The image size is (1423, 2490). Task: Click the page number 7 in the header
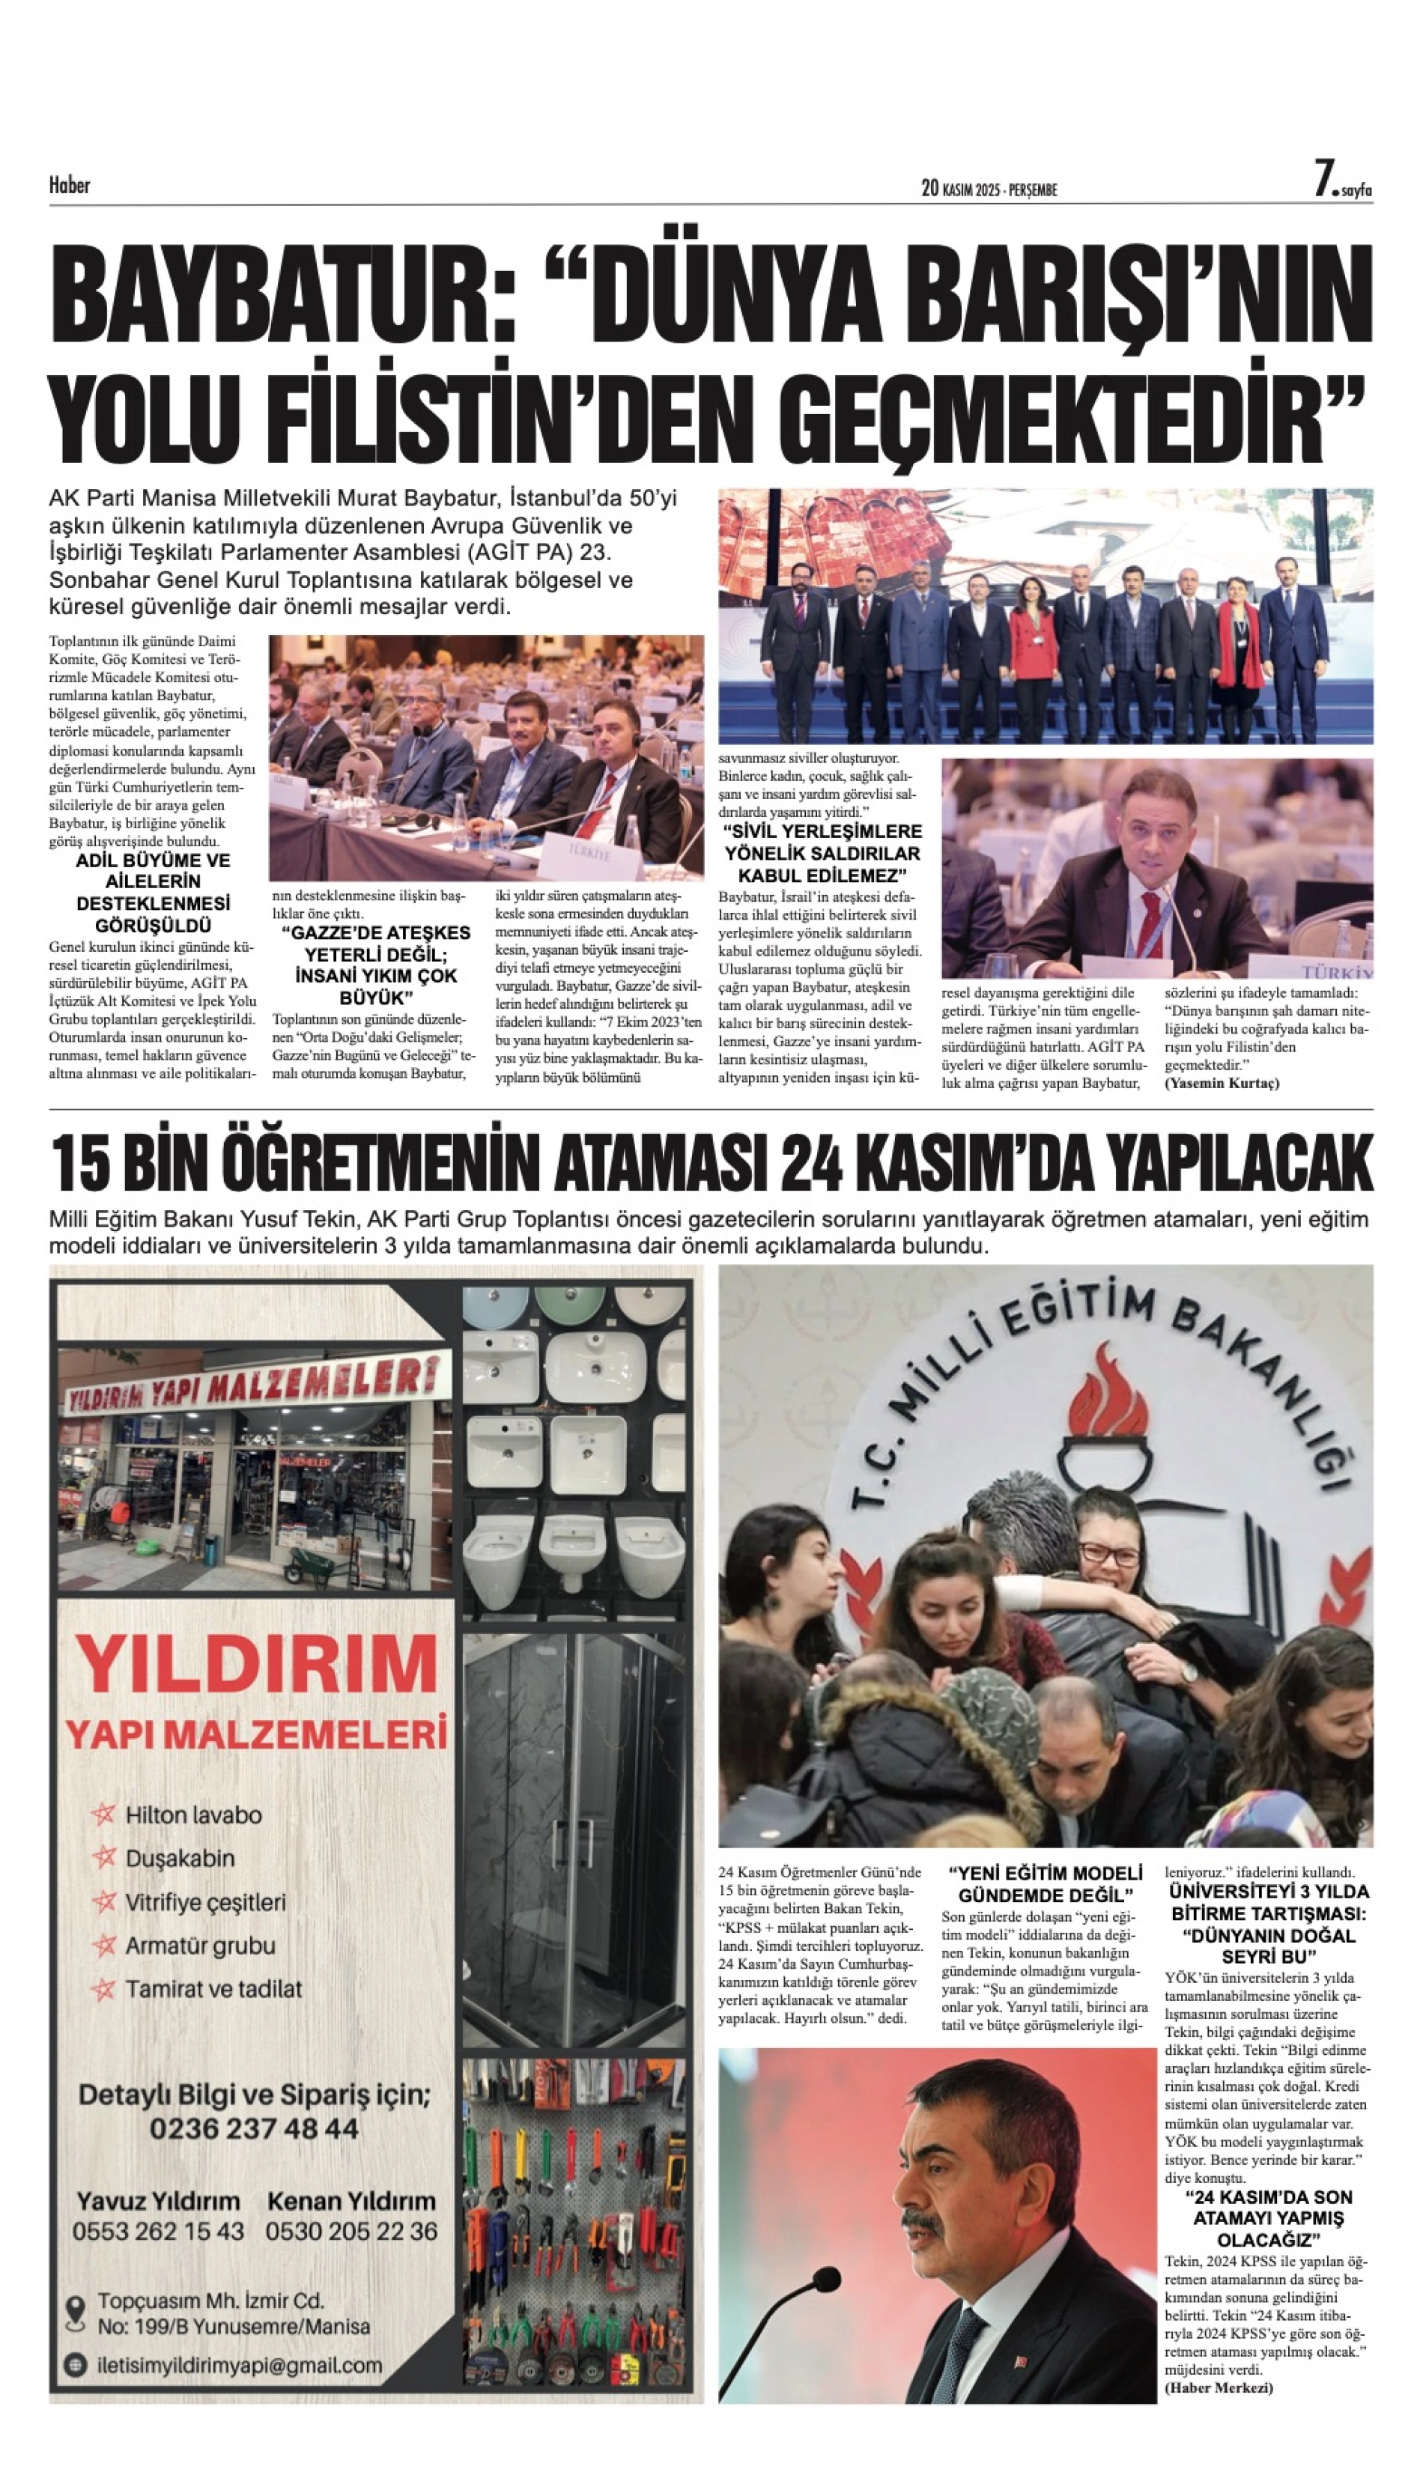tap(1323, 180)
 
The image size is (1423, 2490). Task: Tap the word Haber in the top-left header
tap(70, 185)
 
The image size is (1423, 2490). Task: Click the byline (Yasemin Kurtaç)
tap(1222, 1083)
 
